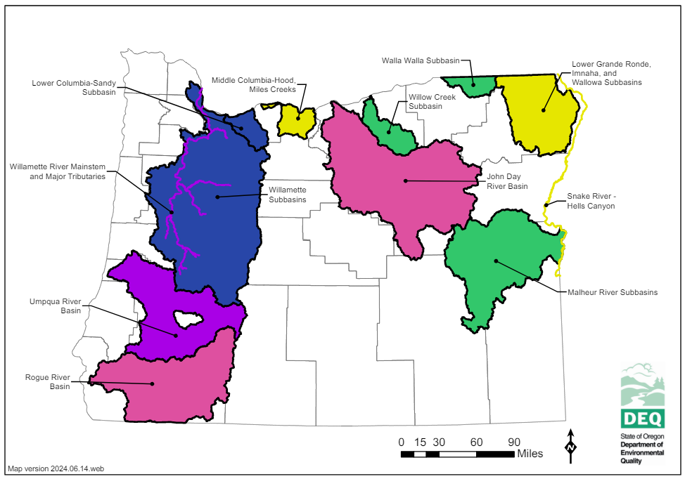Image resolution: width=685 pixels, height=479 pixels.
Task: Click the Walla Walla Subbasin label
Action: tap(420, 60)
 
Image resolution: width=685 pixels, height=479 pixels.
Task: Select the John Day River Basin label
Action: tap(504, 181)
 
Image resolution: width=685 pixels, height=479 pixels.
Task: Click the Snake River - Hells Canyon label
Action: tap(591, 201)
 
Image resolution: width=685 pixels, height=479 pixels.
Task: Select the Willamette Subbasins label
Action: tap(288, 195)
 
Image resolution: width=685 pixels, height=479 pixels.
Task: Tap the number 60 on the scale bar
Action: tap(476, 442)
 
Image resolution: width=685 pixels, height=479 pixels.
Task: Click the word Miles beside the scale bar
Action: tap(530, 454)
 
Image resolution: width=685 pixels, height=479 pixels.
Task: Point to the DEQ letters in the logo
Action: tap(641, 419)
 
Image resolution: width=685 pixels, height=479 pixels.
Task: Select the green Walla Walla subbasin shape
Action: tap(470, 86)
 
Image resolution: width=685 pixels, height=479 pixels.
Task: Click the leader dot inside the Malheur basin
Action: tap(496, 261)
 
